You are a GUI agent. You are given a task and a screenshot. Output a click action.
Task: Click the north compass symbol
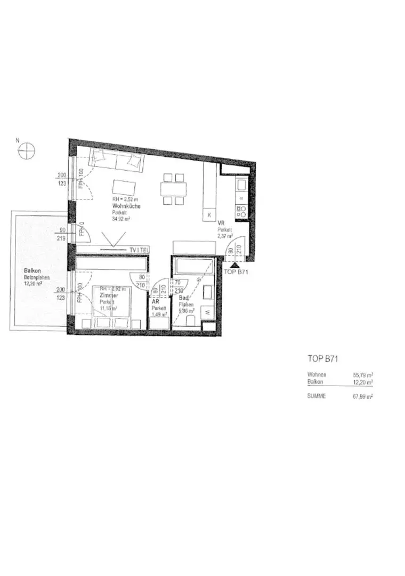click(26, 151)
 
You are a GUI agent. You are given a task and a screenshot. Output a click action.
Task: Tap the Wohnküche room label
click(126, 206)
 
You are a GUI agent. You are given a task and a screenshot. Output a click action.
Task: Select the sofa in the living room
click(115, 161)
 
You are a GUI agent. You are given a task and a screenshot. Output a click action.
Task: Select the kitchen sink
click(239, 186)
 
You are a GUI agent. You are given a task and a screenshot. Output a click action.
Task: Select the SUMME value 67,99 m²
click(362, 396)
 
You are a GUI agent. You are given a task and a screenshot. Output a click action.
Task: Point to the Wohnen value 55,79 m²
click(362, 375)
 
